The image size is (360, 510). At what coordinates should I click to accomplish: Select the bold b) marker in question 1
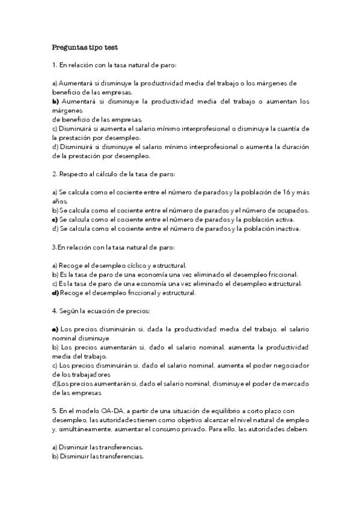coord(55,102)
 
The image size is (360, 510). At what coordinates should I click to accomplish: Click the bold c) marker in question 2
coord(55,220)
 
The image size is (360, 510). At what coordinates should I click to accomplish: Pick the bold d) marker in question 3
coord(55,293)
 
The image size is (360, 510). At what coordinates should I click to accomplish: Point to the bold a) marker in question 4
coord(55,330)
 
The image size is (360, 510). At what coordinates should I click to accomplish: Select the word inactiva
coord(285,229)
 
